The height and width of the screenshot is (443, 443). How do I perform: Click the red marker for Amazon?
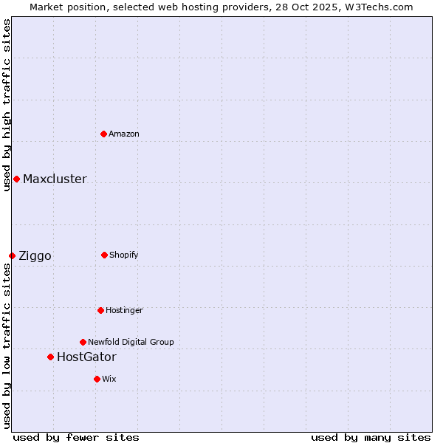pos(103,134)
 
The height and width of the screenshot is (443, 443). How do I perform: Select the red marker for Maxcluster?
pos(16,179)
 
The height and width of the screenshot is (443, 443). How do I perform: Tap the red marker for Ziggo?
pos(12,255)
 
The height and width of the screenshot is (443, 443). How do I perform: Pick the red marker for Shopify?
pos(104,255)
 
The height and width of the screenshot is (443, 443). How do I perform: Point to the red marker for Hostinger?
pos(100,310)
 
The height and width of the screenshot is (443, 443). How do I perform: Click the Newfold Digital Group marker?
pos(83,342)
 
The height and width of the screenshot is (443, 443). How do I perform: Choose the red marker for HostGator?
pos(50,357)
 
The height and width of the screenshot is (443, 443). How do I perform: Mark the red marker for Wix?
pos(97,379)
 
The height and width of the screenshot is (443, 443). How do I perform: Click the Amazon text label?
pos(124,134)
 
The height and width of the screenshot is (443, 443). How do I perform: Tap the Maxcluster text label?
pos(55,179)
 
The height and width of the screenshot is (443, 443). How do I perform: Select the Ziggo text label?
pos(35,255)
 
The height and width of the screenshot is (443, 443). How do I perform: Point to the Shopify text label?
pos(124,255)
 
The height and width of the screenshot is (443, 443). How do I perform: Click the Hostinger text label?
pos(124,310)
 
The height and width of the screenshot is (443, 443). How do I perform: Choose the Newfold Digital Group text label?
pos(131,342)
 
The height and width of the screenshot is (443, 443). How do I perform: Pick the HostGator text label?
pos(86,357)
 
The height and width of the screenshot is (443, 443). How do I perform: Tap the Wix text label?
pos(109,379)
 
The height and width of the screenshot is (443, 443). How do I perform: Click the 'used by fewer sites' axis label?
pos(76,437)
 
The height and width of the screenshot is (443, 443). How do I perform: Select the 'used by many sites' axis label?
pos(371,437)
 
